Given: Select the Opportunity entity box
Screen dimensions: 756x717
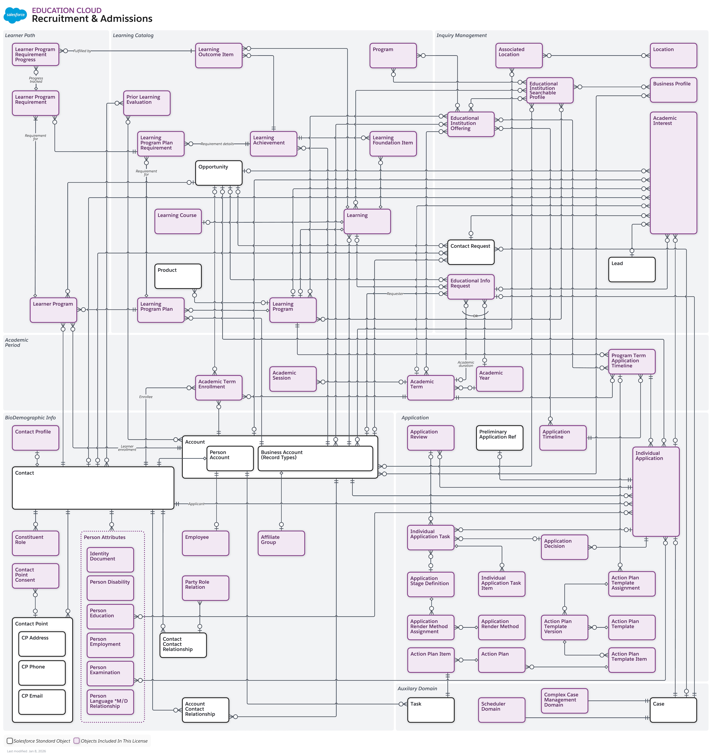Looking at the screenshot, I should click(x=219, y=173).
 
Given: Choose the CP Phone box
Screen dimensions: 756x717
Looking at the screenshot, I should click(x=42, y=673).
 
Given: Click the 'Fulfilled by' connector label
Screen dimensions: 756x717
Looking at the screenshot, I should click(x=82, y=51).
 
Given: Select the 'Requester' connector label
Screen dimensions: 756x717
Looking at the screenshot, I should click(x=395, y=294).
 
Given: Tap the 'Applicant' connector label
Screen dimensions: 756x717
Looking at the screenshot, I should click(x=196, y=504).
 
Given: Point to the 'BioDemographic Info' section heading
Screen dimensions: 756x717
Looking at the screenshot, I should click(x=30, y=418).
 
